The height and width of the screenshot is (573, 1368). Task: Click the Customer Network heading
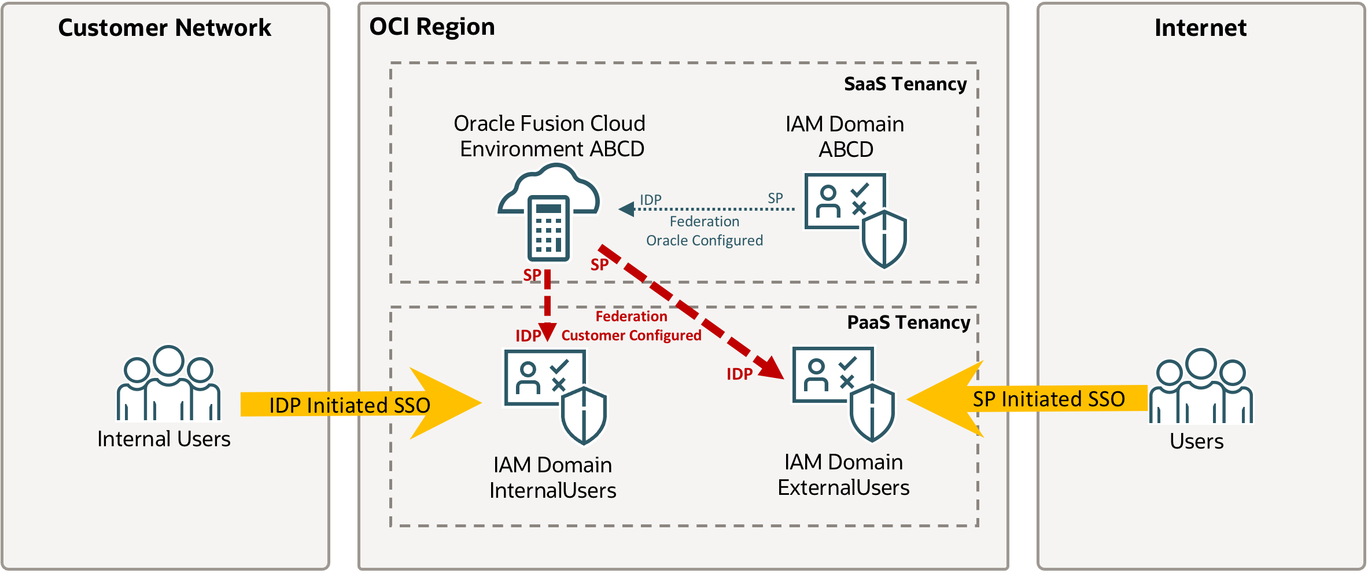pos(164,28)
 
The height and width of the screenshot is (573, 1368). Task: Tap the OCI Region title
pos(432,27)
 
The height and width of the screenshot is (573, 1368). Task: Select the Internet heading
pos(1200,28)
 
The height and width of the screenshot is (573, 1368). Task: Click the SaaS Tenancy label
pos(905,84)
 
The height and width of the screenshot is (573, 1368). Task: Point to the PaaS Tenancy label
pos(908,322)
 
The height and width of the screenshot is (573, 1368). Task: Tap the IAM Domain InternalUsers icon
pos(555,396)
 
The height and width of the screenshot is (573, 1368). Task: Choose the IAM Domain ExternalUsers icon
pos(843,394)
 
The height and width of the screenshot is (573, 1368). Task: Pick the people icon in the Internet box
pos(1201,386)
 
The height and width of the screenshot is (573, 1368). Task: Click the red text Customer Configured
pos(631,336)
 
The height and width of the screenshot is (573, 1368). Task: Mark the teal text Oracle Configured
pos(704,240)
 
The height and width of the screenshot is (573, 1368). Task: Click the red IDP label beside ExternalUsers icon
pos(739,374)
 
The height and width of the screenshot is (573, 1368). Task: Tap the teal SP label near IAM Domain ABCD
pos(775,198)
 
